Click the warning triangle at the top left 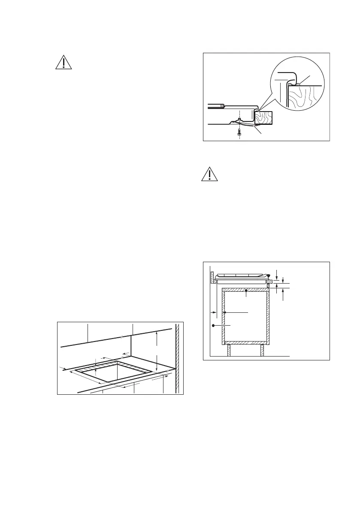(x=64, y=63)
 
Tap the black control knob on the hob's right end (x=268, y=276)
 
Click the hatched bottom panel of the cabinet (x=245, y=342)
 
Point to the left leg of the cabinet (x=229, y=350)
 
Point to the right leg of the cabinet (x=261, y=350)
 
